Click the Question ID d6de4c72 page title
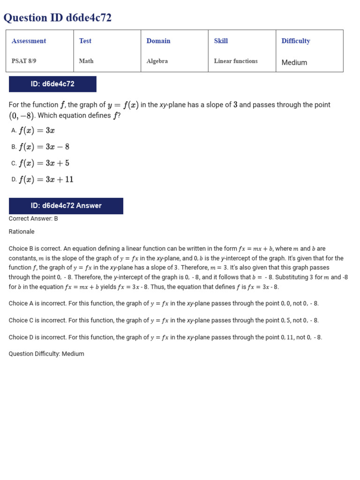[58, 18]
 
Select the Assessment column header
[29, 41]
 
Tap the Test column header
[85, 41]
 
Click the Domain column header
[158, 41]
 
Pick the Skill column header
[221, 41]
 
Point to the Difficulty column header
[296, 41]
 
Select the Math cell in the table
[86, 61]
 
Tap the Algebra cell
[157, 61]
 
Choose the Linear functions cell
[236, 61]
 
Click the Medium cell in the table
[294, 62]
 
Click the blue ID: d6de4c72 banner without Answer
[52, 84]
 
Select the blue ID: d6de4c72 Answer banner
[66, 206]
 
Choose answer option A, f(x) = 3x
[37, 131]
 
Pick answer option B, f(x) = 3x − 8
[44, 147]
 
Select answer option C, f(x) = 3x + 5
[44, 163]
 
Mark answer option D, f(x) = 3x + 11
[46, 180]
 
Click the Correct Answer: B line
[33, 218]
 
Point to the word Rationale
[22, 232]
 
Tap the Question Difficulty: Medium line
[46, 354]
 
